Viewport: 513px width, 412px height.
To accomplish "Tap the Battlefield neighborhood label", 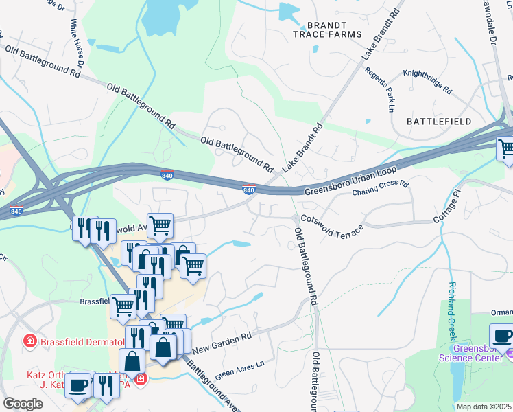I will click(438, 121).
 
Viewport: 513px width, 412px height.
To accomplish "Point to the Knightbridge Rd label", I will click(427, 81).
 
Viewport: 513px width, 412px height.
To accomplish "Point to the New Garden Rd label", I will click(222, 341).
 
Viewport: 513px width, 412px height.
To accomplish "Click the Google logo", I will click(23, 404).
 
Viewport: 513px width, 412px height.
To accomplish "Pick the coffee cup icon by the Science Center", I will click(504, 337).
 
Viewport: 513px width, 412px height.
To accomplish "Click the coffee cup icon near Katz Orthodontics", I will click(79, 385).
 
